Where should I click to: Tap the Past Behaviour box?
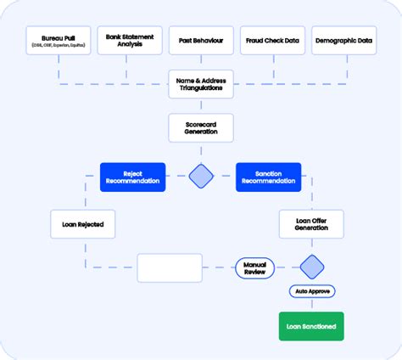[x=201, y=42]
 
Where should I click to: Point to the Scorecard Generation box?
[x=201, y=127]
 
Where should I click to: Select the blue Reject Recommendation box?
[x=132, y=177]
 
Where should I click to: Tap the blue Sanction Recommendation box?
[x=268, y=177]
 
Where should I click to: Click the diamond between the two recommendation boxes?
[x=201, y=177]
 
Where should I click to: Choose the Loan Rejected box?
[x=82, y=224]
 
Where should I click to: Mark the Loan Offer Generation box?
[x=312, y=224]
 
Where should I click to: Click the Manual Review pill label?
[x=255, y=267]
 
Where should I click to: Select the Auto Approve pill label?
[x=312, y=291]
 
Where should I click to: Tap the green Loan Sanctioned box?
[x=312, y=326]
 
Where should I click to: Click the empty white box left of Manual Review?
[x=170, y=267]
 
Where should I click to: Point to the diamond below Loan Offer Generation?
[x=312, y=267]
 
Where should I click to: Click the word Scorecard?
[x=201, y=123]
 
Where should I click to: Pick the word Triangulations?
[x=201, y=87]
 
